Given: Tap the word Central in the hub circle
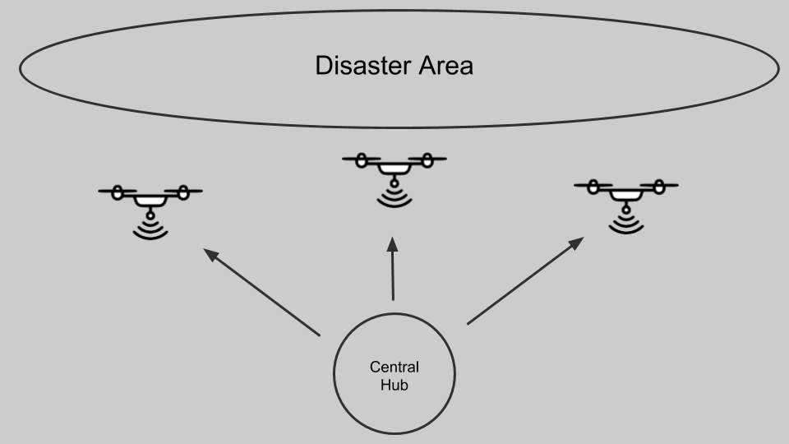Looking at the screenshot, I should click(394, 367).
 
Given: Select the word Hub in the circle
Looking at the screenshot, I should click(394, 384).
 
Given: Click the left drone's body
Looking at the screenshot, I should click(150, 200).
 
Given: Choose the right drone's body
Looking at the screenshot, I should click(626, 194).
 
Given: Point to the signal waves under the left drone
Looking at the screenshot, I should click(150, 228).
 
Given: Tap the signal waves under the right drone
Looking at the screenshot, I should click(626, 222).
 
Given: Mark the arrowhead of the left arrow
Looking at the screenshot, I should click(211, 254).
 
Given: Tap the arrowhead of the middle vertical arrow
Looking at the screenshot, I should click(394, 244).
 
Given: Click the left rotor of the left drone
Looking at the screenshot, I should click(118, 192).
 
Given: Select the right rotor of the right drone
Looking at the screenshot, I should click(659, 186).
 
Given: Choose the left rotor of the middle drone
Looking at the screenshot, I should click(362, 160).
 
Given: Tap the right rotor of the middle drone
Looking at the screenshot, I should click(427, 160).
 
